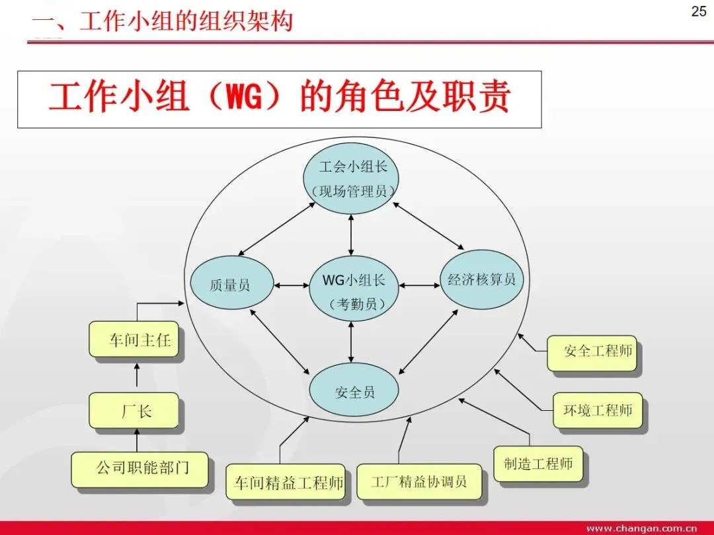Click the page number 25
click(698, 11)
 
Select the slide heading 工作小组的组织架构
click(162, 21)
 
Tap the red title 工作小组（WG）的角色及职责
click(279, 98)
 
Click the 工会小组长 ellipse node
click(352, 178)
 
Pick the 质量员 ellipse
click(230, 285)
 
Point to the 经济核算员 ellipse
click(481, 279)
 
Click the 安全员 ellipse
click(354, 392)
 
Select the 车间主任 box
click(135, 340)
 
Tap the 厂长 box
click(135, 411)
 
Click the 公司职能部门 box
click(141, 468)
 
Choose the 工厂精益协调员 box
click(418, 481)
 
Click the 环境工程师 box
click(597, 410)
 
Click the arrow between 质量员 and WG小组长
click(291, 285)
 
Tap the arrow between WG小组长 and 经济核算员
click(419, 285)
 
